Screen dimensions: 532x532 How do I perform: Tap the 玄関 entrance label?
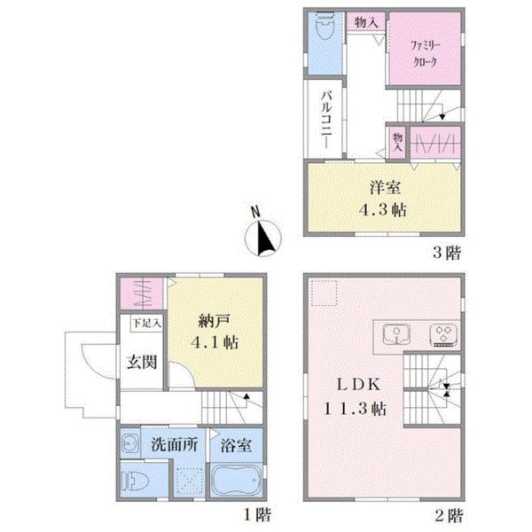point(142,362)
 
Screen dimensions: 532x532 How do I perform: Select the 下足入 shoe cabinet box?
point(146,323)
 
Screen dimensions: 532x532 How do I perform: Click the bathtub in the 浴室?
point(236,480)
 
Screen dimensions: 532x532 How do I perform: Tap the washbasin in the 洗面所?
point(130,443)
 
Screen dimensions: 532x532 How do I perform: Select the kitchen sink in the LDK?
point(396,334)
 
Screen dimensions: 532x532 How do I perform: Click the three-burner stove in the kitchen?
point(443,334)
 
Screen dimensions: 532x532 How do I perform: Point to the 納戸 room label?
point(215,321)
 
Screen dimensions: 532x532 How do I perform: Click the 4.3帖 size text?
point(383,209)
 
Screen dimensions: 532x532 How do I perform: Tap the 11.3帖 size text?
point(355,409)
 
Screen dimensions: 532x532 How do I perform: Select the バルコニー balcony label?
point(326,119)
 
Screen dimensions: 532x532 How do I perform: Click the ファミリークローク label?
point(425,53)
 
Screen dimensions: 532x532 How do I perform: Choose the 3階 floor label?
point(447,253)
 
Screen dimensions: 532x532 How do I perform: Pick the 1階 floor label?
point(258,515)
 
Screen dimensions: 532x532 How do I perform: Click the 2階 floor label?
point(449,516)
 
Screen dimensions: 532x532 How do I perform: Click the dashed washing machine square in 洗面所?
point(190,481)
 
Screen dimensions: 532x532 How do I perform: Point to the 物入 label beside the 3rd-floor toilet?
point(366,22)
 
